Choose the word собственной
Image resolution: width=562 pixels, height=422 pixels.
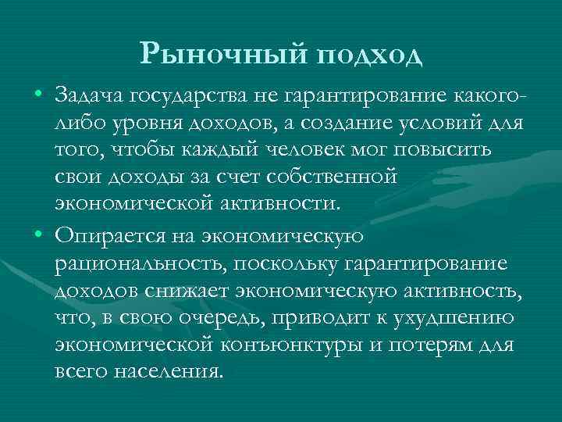click(x=332, y=178)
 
